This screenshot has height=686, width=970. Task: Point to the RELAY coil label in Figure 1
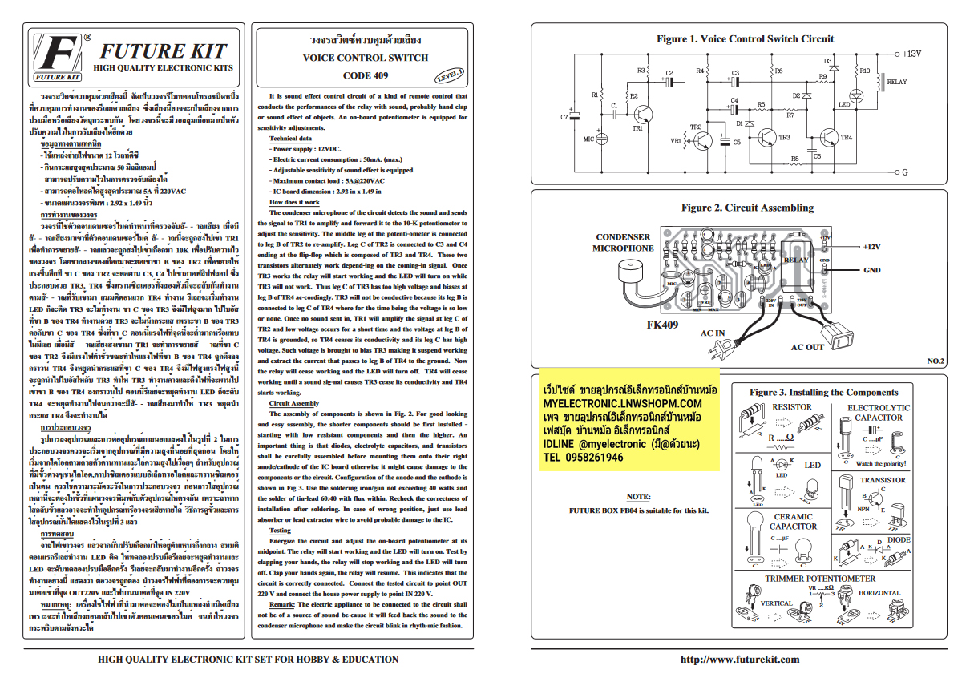[897, 82]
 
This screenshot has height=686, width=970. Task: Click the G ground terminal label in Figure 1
[903, 171]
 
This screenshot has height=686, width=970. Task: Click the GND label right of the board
[871, 270]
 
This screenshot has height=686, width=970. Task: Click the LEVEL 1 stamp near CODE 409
[450, 75]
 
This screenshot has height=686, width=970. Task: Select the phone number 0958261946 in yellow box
[585, 458]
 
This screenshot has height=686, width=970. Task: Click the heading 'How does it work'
[294, 201]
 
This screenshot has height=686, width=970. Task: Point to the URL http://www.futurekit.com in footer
[739, 660]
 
